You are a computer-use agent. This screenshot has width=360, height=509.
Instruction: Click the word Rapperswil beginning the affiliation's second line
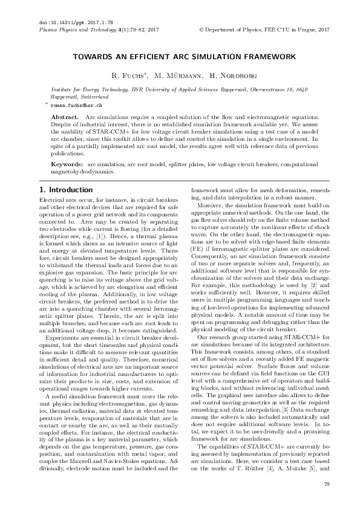point(65,96)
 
